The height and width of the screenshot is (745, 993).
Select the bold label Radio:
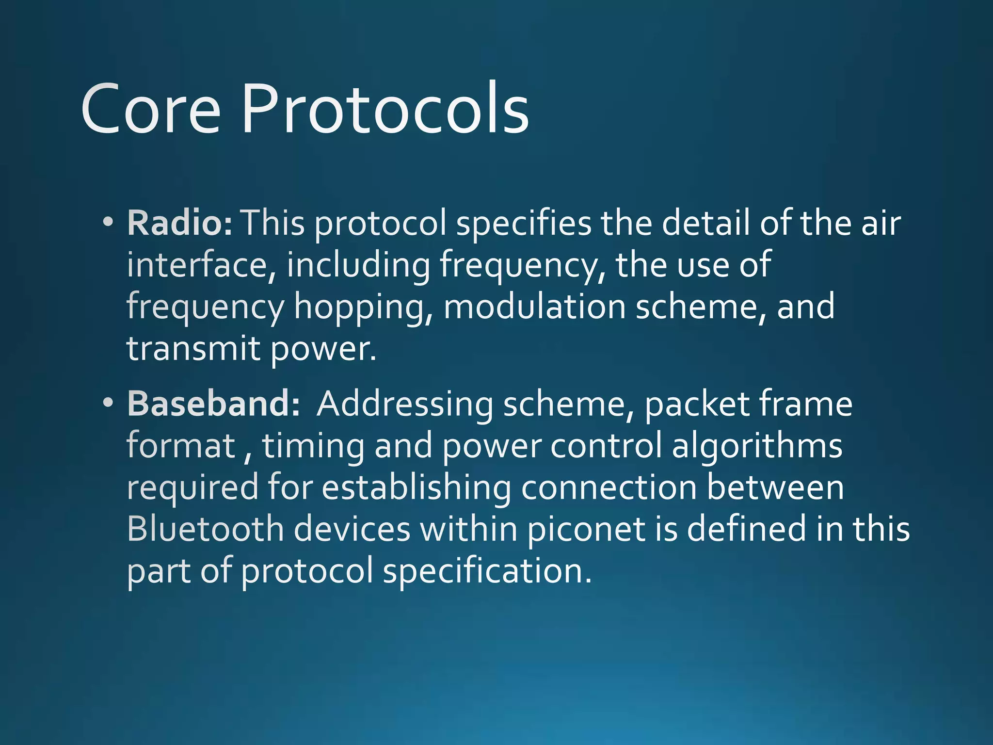(180, 223)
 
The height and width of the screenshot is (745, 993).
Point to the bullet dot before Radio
(108, 223)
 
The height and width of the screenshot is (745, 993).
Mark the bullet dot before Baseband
(108, 403)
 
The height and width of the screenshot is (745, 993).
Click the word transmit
(193, 348)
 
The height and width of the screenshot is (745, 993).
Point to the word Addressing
(405, 405)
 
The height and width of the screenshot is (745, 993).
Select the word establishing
(416, 488)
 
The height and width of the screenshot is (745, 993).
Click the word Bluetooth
(206, 529)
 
